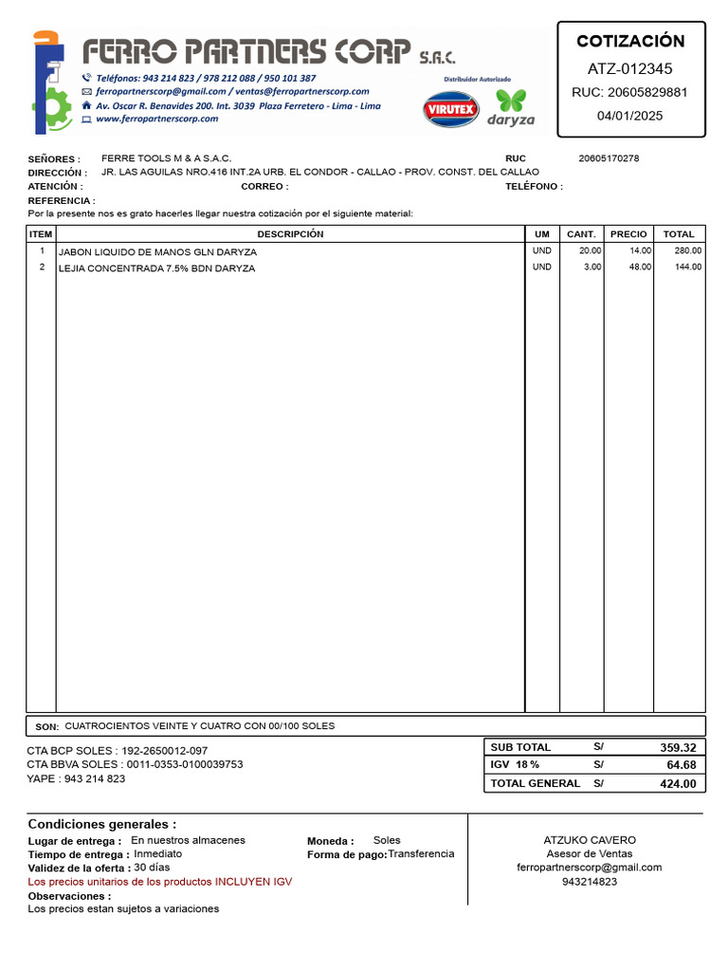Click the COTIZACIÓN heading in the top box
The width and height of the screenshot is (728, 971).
point(630,41)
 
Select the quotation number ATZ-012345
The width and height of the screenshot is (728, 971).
point(630,68)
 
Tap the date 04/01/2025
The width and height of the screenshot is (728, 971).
point(630,116)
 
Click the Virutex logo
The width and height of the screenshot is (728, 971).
point(451,109)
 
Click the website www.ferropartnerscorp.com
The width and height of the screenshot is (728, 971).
point(156,119)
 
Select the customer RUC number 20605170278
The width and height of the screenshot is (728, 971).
point(609,158)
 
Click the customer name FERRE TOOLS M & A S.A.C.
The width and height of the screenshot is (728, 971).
point(166,158)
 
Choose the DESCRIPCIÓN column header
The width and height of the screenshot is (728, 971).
point(290,234)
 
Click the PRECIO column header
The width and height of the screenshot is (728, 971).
point(628,234)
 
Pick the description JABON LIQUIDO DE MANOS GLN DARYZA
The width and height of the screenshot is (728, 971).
point(157,252)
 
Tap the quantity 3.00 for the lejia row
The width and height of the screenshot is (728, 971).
point(592,267)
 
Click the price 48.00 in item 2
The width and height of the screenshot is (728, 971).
point(641,267)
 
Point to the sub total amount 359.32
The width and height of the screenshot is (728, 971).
point(678,747)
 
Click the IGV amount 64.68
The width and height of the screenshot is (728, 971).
point(681,765)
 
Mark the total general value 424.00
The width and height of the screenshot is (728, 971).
point(678,784)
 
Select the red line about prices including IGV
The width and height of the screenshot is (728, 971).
point(160,882)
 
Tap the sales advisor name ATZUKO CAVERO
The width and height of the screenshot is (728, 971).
point(590,840)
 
